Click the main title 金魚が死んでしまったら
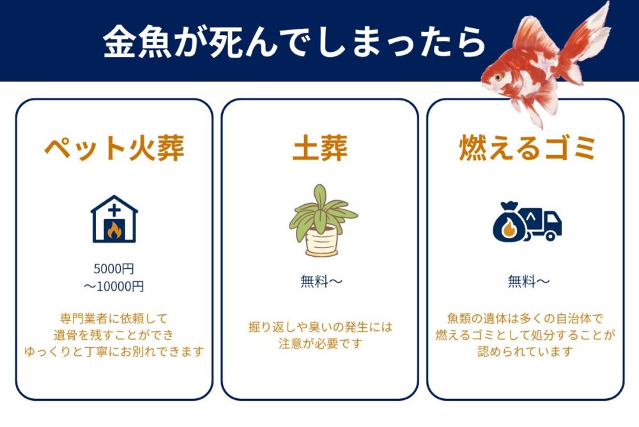point(295,42)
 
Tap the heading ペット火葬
point(114,149)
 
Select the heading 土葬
point(319,149)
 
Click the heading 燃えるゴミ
point(527,149)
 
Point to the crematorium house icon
point(114,219)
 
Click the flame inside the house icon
point(114,230)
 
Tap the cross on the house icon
point(114,210)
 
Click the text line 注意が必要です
point(320,344)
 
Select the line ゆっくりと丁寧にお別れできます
point(114,351)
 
